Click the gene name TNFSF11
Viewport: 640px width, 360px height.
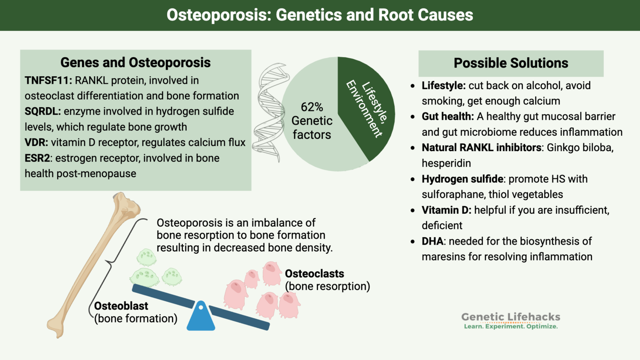(x=48, y=80)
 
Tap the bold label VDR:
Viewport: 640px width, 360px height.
(x=36, y=142)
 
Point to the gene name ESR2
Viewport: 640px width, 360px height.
(x=37, y=158)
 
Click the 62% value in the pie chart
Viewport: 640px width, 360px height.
(x=312, y=107)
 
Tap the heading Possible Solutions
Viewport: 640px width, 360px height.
(x=510, y=63)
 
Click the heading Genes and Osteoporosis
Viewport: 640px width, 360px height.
(x=135, y=62)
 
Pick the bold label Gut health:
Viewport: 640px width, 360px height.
(x=447, y=117)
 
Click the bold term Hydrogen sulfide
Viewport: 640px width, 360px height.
(x=462, y=179)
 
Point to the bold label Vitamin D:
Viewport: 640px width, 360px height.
(x=446, y=210)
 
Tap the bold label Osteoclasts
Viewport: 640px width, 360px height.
(x=314, y=274)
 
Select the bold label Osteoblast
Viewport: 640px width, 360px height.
(x=121, y=306)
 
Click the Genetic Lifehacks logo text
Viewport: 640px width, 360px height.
(x=510, y=317)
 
